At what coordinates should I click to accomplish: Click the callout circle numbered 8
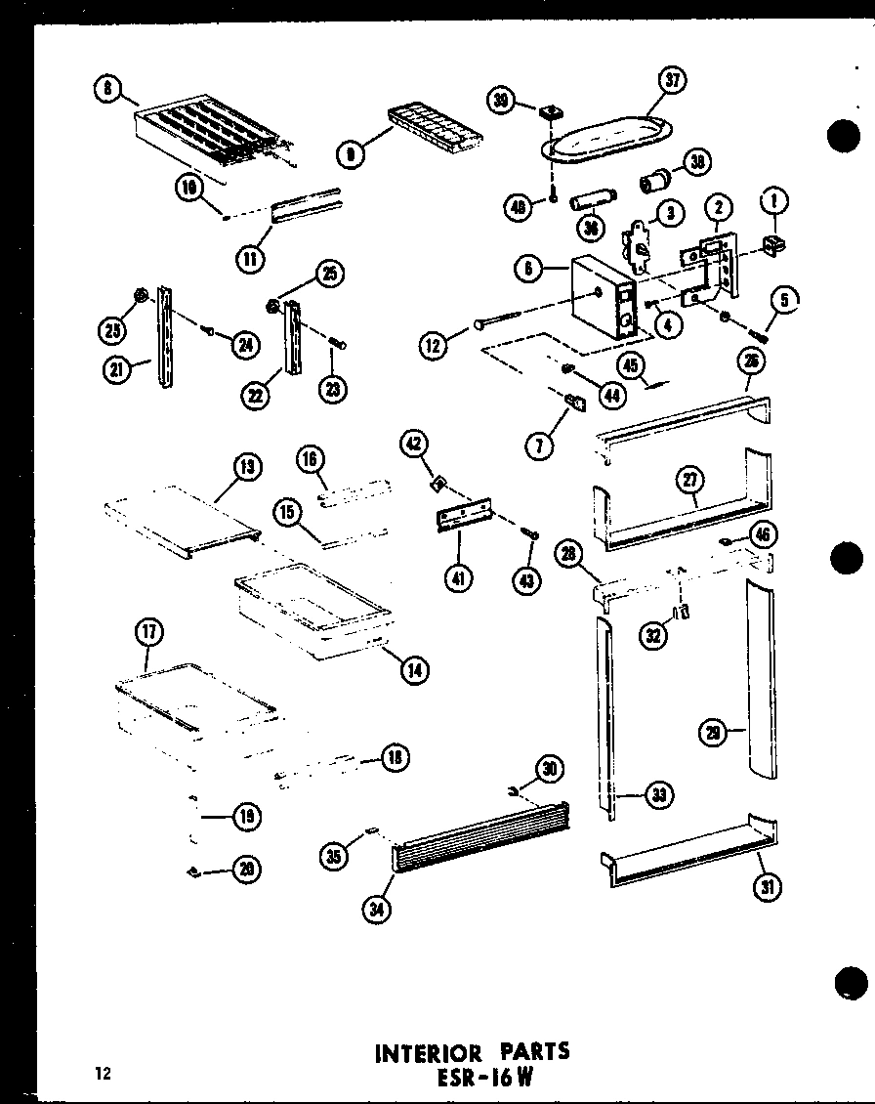tap(107, 91)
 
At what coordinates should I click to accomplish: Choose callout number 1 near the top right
tap(777, 202)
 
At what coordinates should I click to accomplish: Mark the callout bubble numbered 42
tap(414, 444)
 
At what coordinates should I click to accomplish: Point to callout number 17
tap(148, 633)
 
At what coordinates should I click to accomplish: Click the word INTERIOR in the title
tap(424, 1052)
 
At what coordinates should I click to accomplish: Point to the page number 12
tap(103, 1075)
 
